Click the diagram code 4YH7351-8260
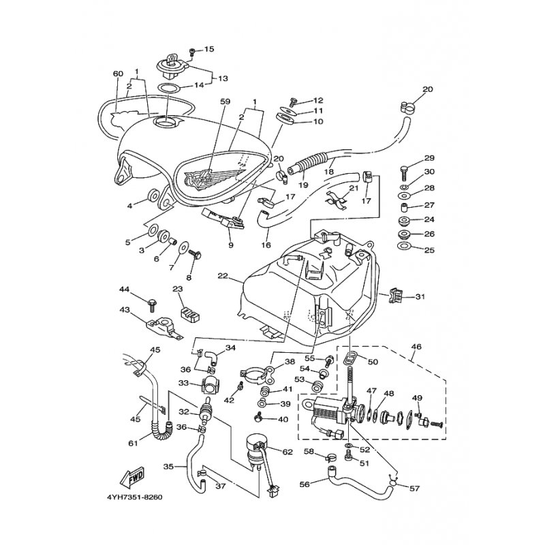pyautogui.click(x=134, y=497)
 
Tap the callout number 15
pyautogui.click(x=209, y=49)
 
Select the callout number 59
pyautogui.click(x=225, y=102)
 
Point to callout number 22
pyautogui.click(x=223, y=276)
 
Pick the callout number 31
pyautogui.click(x=420, y=297)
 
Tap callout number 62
pyautogui.click(x=287, y=452)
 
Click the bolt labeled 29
pyautogui.click(x=404, y=173)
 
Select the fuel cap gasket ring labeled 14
pyautogui.click(x=169, y=88)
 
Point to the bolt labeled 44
pyautogui.click(x=151, y=304)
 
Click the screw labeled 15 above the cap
pyautogui.click(x=191, y=52)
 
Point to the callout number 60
pyautogui.click(x=118, y=74)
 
